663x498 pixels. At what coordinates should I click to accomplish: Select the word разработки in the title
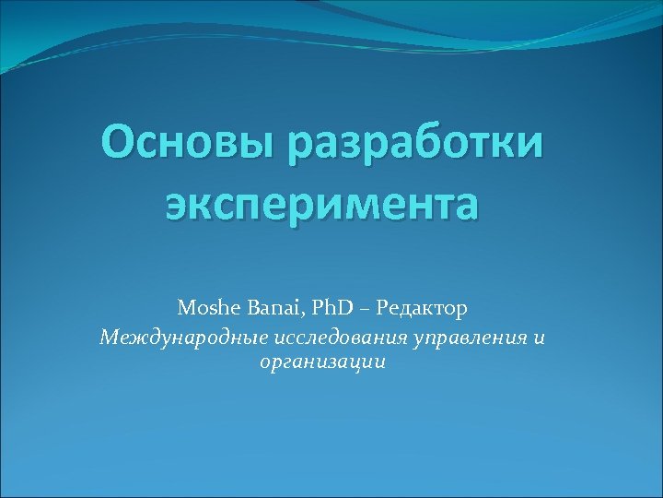[x=416, y=145]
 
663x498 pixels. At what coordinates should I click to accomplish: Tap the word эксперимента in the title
[x=322, y=204]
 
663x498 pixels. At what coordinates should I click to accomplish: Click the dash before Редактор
[x=370, y=305]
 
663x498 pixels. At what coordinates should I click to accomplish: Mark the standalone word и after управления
[x=539, y=338]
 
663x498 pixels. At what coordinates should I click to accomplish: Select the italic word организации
[x=322, y=362]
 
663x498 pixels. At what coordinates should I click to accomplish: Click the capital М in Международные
[x=110, y=338]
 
